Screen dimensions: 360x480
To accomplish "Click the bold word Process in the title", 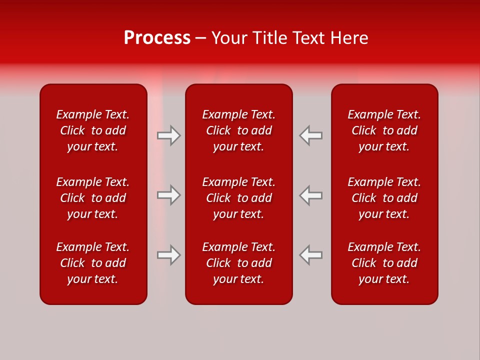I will coord(157,38).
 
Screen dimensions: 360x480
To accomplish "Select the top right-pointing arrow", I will coord(169,135).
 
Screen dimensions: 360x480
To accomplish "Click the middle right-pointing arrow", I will coord(169,195).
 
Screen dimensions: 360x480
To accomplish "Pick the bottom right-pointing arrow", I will coord(169,255).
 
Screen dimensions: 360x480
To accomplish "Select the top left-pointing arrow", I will coord(310,135).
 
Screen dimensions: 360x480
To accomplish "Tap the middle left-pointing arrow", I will coord(310,195).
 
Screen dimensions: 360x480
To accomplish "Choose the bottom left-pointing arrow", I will coord(310,255).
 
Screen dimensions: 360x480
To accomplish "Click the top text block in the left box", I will coord(93,130).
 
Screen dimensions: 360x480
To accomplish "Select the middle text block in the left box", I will coord(93,198).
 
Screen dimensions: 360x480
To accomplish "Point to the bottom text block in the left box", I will coord(93,263).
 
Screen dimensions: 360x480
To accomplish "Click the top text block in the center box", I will coord(239,130).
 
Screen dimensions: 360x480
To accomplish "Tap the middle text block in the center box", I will coord(239,198).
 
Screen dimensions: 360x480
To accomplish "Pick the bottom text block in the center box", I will coord(239,263).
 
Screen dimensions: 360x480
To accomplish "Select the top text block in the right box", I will coord(384,130).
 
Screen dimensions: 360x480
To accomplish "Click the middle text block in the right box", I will coord(384,198).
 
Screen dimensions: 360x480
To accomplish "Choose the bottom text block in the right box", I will coord(384,263).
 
